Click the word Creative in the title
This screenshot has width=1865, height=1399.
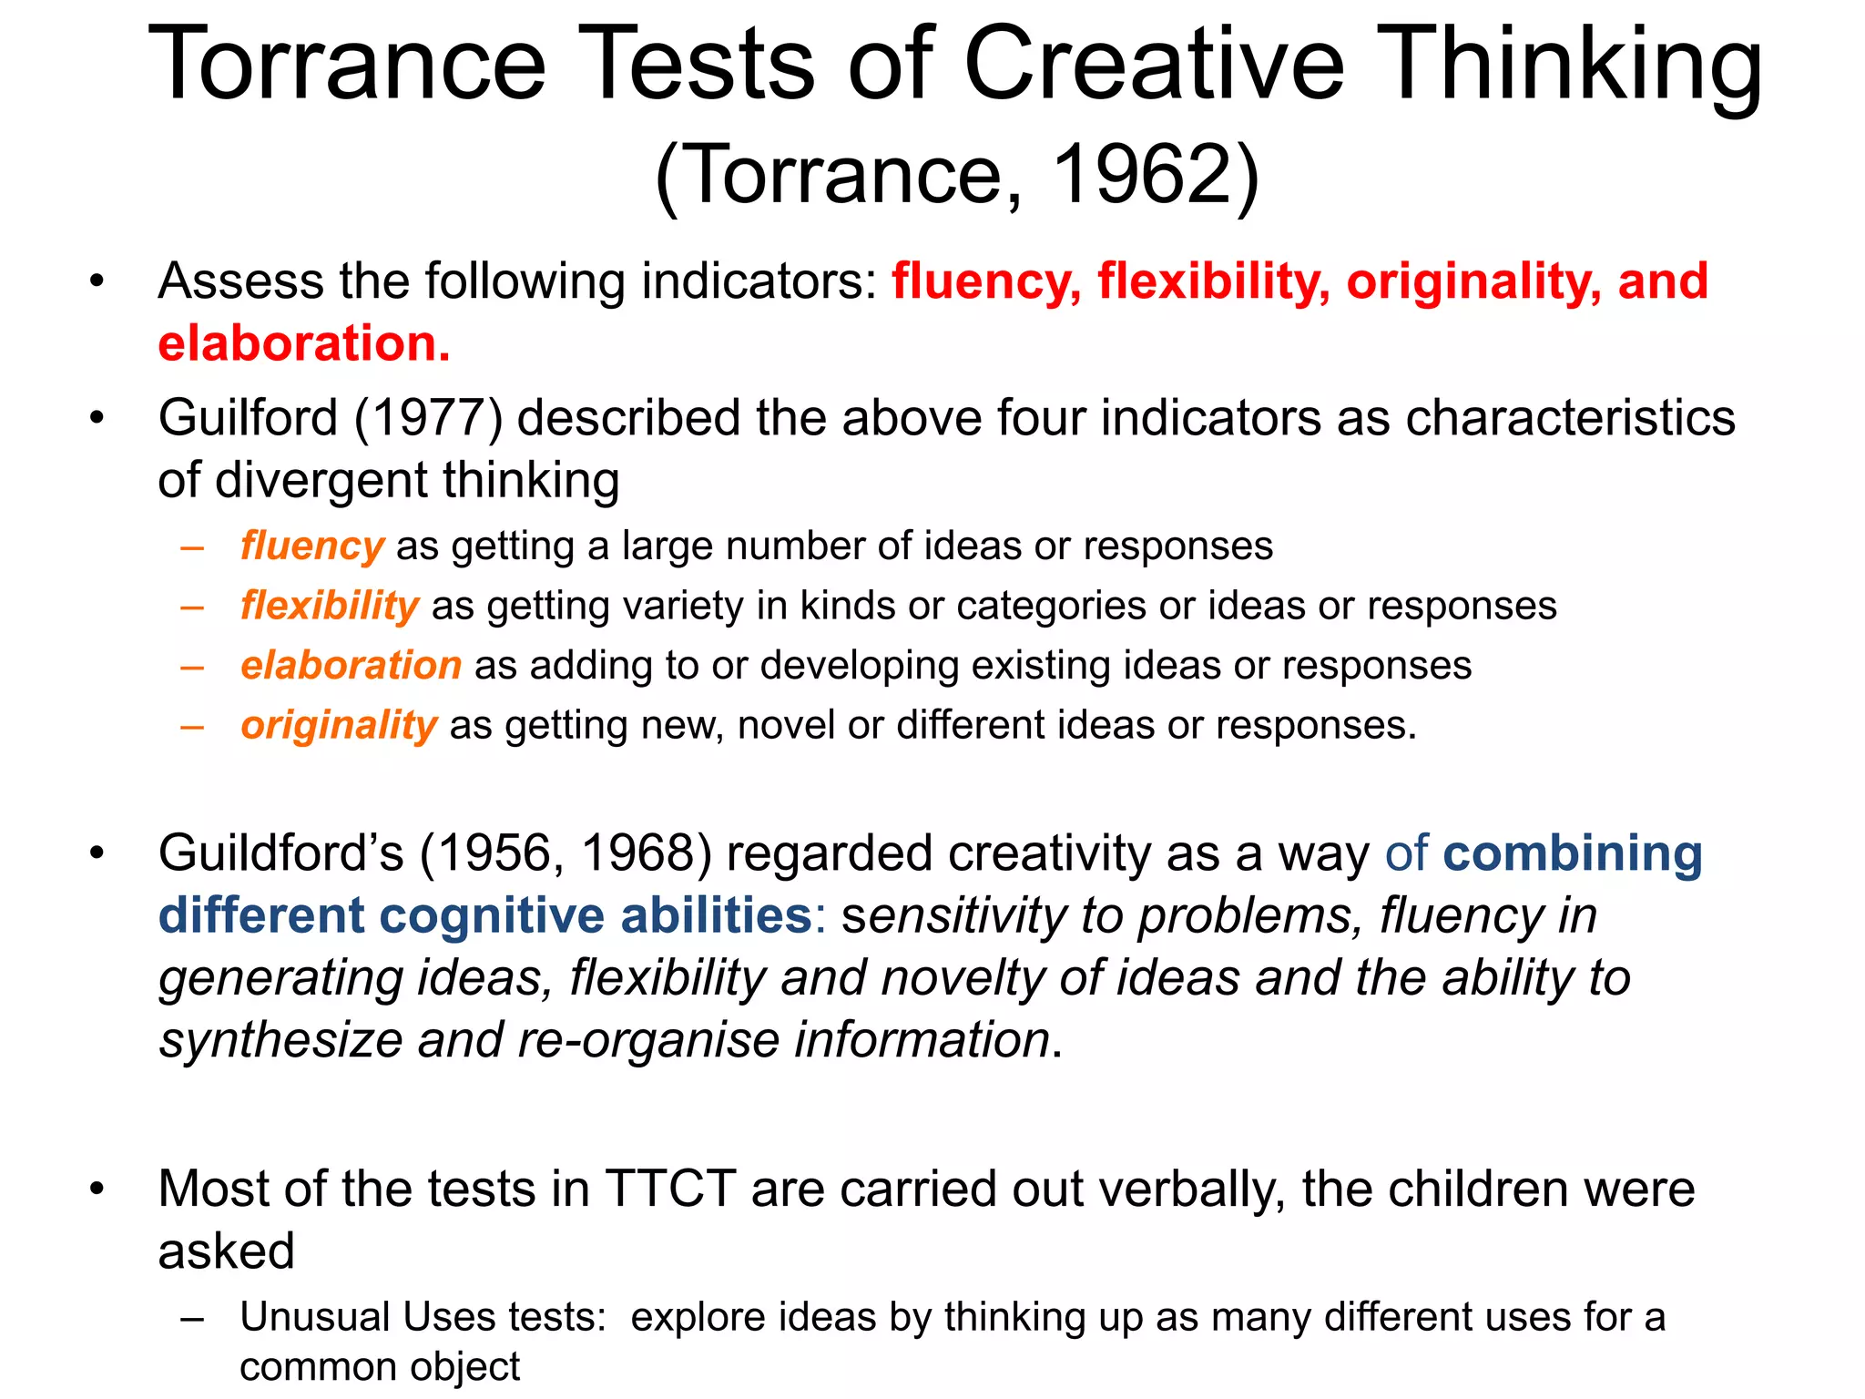1153,64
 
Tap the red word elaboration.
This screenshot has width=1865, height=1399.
303,344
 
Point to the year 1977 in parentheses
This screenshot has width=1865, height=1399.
428,419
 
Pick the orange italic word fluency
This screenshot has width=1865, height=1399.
311,546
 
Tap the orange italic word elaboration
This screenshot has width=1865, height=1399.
351,666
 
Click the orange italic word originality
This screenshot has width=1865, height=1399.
339,726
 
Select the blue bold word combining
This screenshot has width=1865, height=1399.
1573,854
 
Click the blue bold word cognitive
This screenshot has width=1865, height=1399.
492,915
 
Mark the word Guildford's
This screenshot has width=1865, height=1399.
280,854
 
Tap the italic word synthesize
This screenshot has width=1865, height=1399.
280,1040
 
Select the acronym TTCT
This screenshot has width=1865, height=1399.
670,1190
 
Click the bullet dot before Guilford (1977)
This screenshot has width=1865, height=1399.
97,419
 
